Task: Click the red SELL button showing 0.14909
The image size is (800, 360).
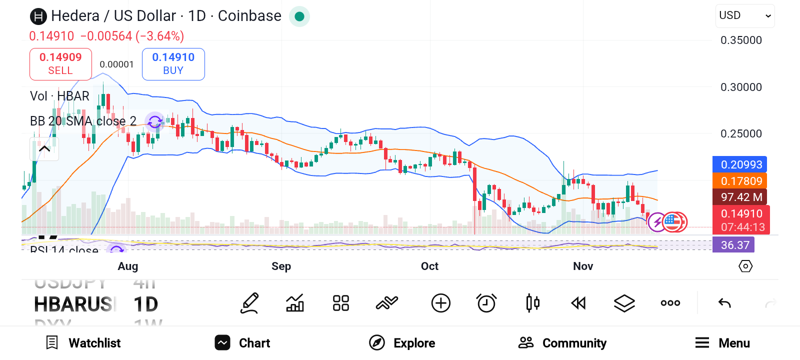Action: click(x=60, y=64)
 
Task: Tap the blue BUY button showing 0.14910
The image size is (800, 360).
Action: click(x=173, y=64)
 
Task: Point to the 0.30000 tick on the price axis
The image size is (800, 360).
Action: click(x=741, y=87)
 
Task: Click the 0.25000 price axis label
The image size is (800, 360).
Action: click(x=741, y=133)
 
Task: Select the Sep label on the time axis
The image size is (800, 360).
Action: click(x=281, y=266)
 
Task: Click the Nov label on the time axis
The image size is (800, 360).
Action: click(x=583, y=266)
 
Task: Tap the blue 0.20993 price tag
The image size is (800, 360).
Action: click(x=741, y=164)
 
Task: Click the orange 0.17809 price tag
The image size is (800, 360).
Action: click(x=741, y=181)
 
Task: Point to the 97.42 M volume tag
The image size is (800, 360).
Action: click(x=741, y=197)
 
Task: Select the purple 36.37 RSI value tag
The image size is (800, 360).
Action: click(x=734, y=245)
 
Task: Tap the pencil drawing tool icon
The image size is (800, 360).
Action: click(x=249, y=303)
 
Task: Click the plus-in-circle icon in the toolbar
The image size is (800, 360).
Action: click(x=440, y=303)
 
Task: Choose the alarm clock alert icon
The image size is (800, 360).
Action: click(x=486, y=303)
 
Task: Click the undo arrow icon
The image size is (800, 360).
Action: click(x=724, y=303)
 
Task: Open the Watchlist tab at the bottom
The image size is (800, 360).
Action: click(x=83, y=343)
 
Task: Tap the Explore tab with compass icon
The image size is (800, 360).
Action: click(x=402, y=343)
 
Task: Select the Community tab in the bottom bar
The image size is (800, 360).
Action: click(x=562, y=343)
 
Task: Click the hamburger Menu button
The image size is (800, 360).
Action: click(x=722, y=343)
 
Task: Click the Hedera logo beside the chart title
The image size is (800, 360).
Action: click(x=38, y=16)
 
